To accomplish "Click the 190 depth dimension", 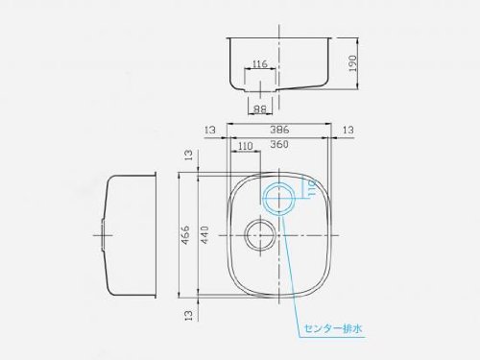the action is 351,63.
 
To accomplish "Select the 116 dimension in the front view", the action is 260,64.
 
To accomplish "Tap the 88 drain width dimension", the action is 260,109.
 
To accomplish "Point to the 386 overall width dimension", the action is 279,130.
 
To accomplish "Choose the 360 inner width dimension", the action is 279,144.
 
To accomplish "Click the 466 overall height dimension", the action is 185,235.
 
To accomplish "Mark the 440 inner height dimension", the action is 204,235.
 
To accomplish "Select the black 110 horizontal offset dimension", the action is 246,146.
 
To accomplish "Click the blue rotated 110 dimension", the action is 312,188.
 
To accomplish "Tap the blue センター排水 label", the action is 333,328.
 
